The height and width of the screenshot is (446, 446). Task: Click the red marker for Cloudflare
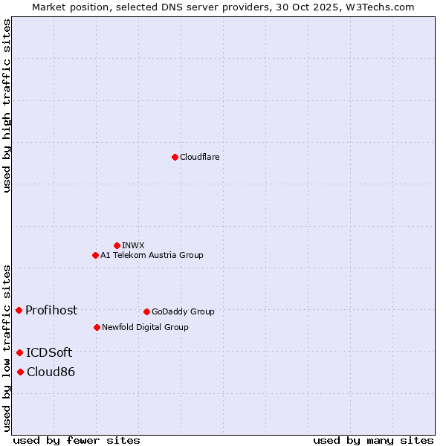pyautogui.click(x=175, y=157)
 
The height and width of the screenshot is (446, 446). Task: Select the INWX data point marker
pyautogui.click(x=117, y=245)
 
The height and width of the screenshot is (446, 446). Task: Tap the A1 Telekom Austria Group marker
pyautogui.click(x=95, y=255)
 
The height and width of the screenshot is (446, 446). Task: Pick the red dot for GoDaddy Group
pyautogui.click(x=146, y=311)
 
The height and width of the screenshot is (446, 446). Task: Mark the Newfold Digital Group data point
pyautogui.click(x=97, y=327)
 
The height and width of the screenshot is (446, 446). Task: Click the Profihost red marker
pyautogui.click(x=19, y=310)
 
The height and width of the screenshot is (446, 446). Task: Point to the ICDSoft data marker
pyautogui.click(x=19, y=352)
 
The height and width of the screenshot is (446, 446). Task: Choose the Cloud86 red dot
pyautogui.click(x=20, y=372)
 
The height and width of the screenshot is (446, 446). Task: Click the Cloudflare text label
pyautogui.click(x=199, y=157)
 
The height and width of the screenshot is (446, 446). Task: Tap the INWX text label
pyautogui.click(x=133, y=245)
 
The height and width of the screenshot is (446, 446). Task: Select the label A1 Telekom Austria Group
pyautogui.click(x=152, y=255)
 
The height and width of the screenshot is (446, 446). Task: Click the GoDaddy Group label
pyautogui.click(x=183, y=311)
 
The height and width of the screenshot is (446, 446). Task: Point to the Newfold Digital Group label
pyautogui.click(x=145, y=327)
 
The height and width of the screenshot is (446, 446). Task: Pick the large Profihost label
pyautogui.click(x=51, y=310)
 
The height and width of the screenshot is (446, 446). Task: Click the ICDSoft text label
pyautogui.click(x=49, y=352)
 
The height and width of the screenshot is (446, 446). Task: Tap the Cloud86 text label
pyautogui.click(x=51, y=372)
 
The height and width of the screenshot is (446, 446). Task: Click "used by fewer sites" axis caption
pyautogui.click(x=77, y=440)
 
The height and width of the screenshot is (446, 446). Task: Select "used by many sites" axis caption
pyautogui.click(x=373, y=440)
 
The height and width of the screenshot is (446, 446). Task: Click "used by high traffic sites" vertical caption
pyautogui.click(x=7, y=106)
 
